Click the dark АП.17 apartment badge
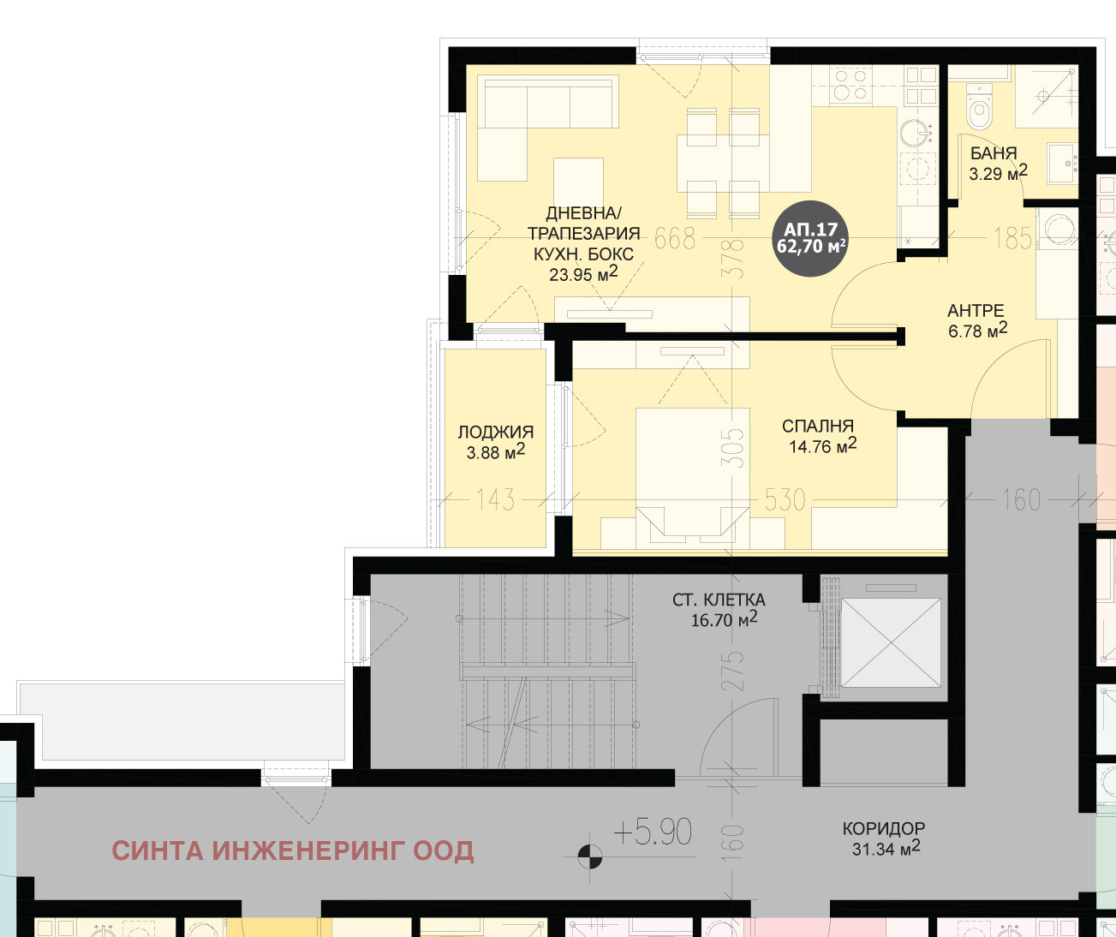point(810,238)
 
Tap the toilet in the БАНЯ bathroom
point(979,107)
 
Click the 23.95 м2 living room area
point(583,274)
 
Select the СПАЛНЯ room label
point(818,426)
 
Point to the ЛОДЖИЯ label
point(495,432)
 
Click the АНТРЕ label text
point(976,311)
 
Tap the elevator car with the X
point(891,642)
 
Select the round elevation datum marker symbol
point(590,856)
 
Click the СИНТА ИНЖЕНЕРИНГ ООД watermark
point(293,851)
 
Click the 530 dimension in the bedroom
point(785,500)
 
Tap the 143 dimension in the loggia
point(495,500)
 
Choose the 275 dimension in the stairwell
point(736,671)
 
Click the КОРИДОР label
point(884,828)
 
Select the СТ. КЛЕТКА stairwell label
point(719,600)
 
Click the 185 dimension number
point(1013,238)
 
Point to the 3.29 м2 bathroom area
point(998,173)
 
